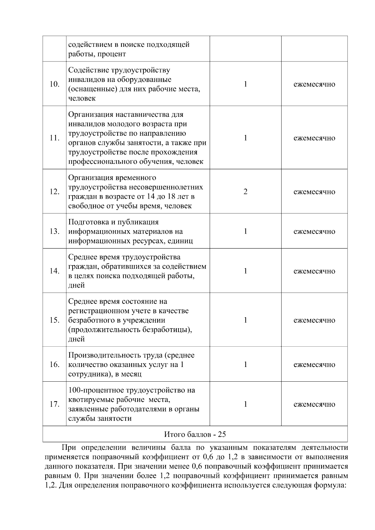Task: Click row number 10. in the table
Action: pos(55,84)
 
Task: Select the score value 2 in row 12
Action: pos(245,192)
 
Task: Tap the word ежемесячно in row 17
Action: pos(314,404)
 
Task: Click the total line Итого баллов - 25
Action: pos(195,434)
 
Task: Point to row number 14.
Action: pos(55,271)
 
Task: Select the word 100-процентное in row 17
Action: pos(96,390)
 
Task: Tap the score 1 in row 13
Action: pos(245,231)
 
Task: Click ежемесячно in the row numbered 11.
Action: pos(314,138)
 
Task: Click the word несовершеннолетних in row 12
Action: pos(166,187)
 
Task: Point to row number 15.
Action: pos(55,320)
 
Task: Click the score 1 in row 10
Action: pos(245,84)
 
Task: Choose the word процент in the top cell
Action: pos(112,54)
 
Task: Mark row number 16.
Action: pos(55,365)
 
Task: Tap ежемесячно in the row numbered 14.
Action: pos(314,271)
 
